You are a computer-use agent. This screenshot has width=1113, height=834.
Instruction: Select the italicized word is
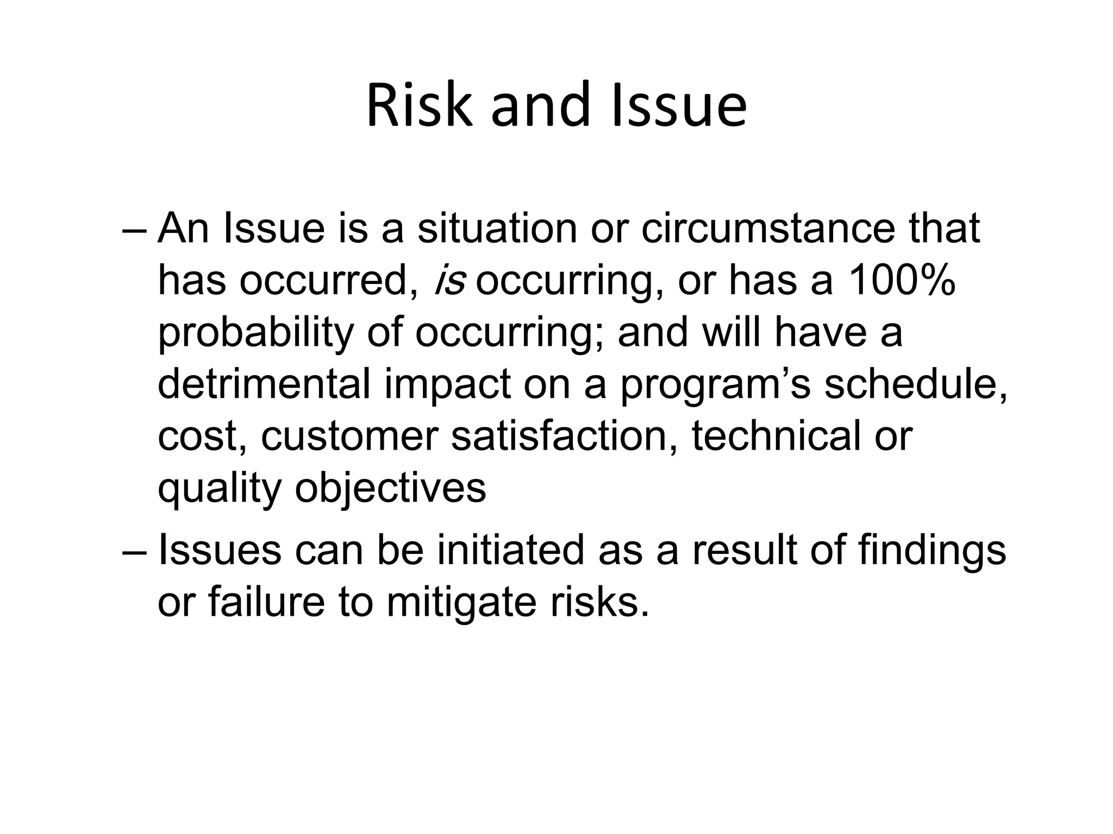(x=450, y=281)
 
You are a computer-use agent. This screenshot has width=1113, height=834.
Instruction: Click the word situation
(x=497, y=229)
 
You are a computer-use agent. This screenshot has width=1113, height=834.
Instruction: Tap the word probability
(x=255, y=333)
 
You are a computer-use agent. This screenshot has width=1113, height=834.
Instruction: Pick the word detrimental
(x=264, y=384)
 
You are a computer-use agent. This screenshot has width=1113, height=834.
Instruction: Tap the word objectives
(x=390, y=488)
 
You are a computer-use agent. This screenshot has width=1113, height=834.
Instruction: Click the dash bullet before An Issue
(x=134, y=230)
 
